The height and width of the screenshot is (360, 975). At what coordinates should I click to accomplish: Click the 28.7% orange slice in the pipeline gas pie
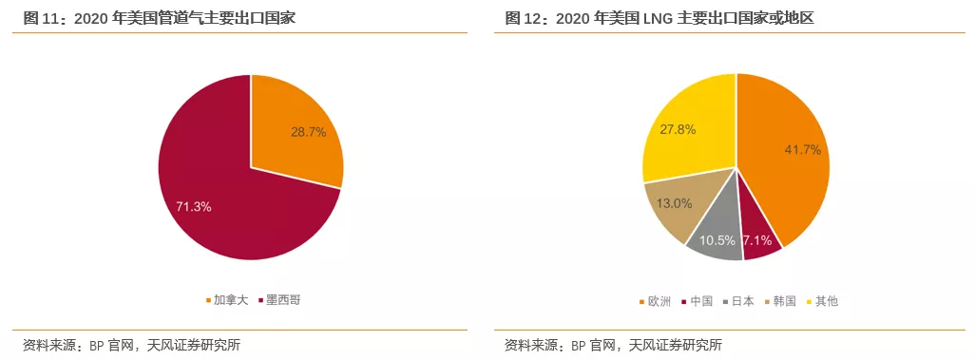pyautogui.click(x=295, y=133)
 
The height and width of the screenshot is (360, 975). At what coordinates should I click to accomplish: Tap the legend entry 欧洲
pyautogui.click(x=658, y=301)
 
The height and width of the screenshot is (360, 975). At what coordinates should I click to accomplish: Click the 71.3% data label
pyautogui.click(x=194, y=206)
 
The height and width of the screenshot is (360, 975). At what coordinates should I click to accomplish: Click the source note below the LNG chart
pyautogui.click(x=613, y=344)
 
